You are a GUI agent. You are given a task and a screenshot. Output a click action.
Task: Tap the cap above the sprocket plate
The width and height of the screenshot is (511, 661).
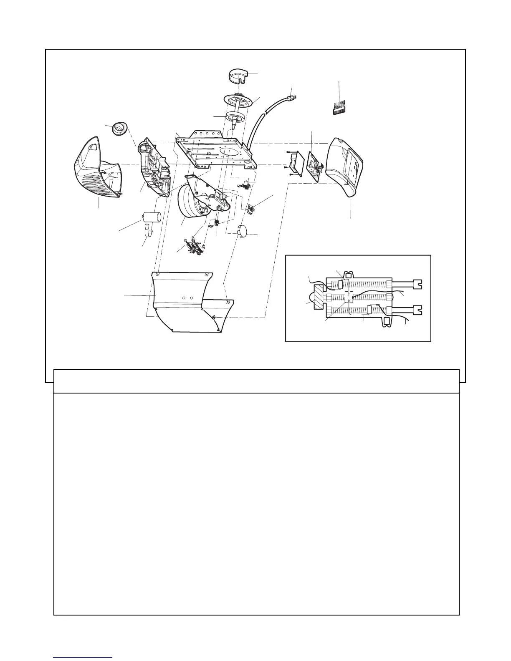point(238,76)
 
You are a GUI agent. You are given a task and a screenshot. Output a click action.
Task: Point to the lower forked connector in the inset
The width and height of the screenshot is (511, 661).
point(417,311)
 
